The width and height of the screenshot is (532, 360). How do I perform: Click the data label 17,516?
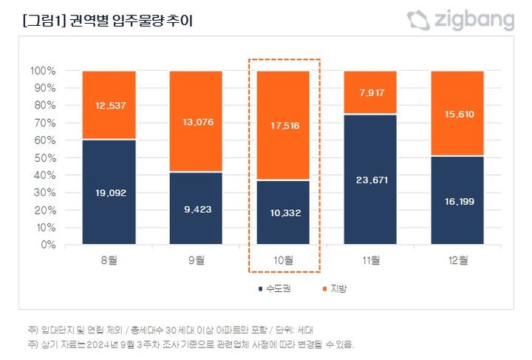[284, 126]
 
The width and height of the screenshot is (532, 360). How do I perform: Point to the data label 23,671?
[371, 180]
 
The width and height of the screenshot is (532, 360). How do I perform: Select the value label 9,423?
[196, 209]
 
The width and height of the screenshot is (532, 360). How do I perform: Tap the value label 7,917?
[371, 92]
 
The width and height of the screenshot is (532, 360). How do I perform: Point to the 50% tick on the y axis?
[43, 157]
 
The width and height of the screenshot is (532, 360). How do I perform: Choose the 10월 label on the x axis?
[284, 260]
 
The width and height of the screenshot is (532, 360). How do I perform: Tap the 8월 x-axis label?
[109, 260]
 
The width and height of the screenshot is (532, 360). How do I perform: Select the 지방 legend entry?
[334, 288]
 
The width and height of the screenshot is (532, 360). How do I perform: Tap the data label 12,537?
[109, 105]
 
